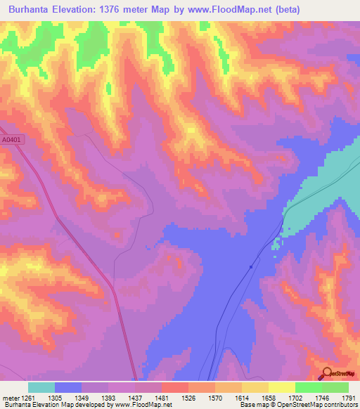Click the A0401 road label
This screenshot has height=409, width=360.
[11, 140]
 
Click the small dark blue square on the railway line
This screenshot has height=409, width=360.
[251, 267]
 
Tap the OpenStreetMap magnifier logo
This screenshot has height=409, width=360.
[326, 373]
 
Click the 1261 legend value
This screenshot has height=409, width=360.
[27, 398]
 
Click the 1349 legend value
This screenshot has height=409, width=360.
[82, 398]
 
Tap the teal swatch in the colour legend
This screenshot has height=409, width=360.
[41, 387]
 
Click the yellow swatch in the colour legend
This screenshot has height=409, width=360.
[282, 387]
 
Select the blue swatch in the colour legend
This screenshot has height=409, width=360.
[68, 387]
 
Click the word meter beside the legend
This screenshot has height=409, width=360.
[8, 398]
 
